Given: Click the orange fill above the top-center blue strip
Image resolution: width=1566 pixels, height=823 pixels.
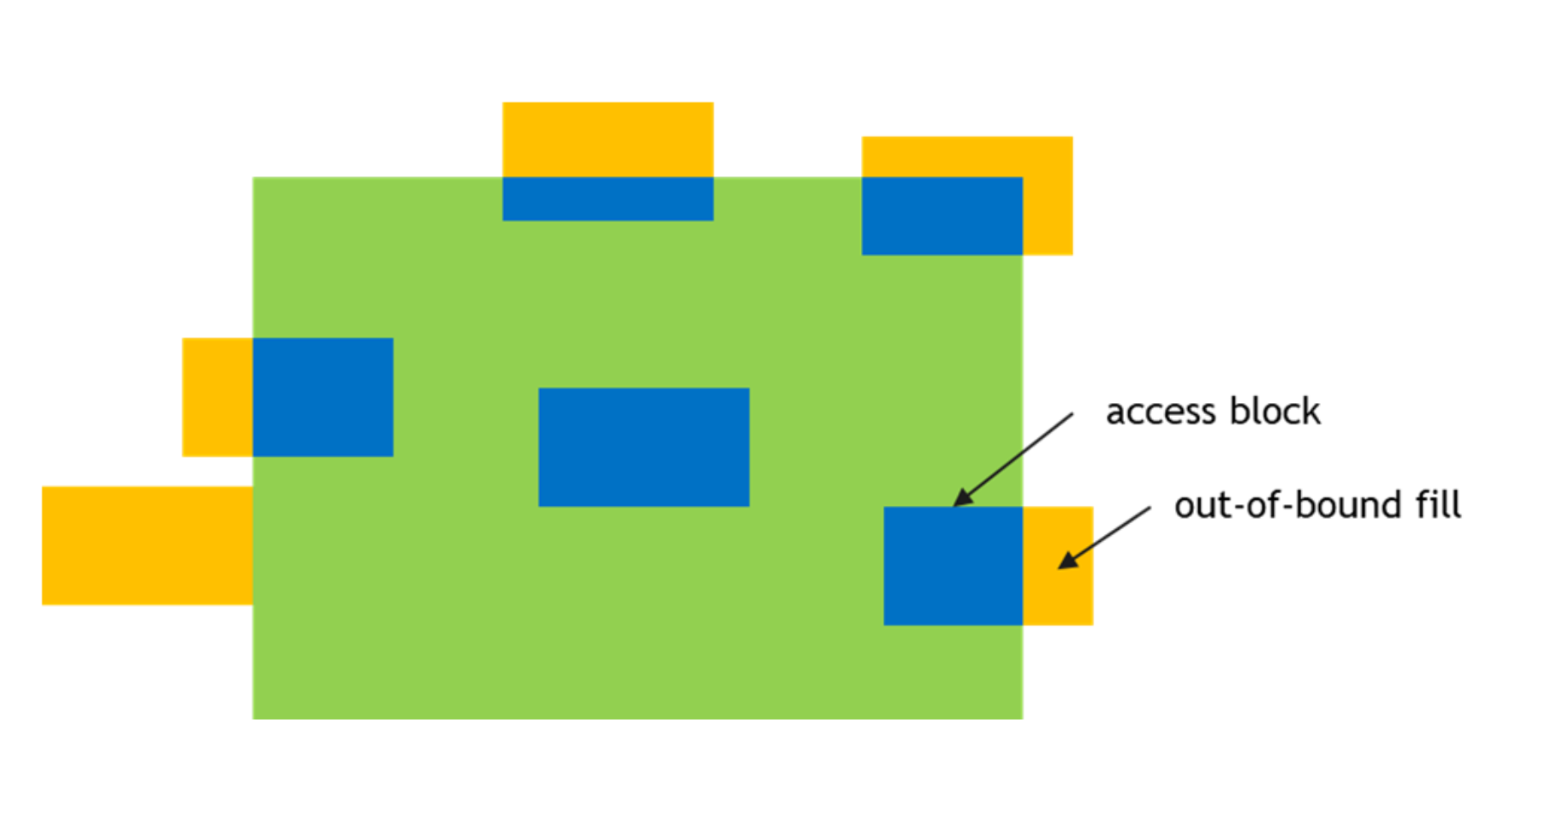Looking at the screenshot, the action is [x=607, y=139].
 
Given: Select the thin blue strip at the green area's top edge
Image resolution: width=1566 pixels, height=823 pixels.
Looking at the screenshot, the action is [x=607, y=199].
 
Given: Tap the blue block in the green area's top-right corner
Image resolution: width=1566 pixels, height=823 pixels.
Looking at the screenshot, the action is [x=941, y=216].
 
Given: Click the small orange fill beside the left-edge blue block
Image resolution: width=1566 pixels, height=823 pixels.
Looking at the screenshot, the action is [x=217, y=397].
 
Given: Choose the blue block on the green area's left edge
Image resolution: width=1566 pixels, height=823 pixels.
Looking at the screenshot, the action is [x=323, y=397].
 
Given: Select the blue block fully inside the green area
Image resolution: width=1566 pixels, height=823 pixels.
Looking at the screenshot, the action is [x=644, y=447].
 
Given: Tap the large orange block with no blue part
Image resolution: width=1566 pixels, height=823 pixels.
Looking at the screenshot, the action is [x=146, y=545].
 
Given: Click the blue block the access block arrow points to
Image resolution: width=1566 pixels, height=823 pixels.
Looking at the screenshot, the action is [x=952, y=567].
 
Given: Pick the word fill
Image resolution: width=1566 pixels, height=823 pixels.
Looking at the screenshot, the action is [x=1438, y=504].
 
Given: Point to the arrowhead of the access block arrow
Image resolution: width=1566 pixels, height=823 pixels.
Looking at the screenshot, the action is [x=961, y=499].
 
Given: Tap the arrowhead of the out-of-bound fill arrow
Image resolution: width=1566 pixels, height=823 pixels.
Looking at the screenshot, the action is [x=1065, y=561].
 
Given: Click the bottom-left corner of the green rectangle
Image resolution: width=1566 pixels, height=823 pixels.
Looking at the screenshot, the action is [x=254, y=718].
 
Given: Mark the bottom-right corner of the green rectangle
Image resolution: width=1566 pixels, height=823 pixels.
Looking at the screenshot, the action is [x=1021, y=718].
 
